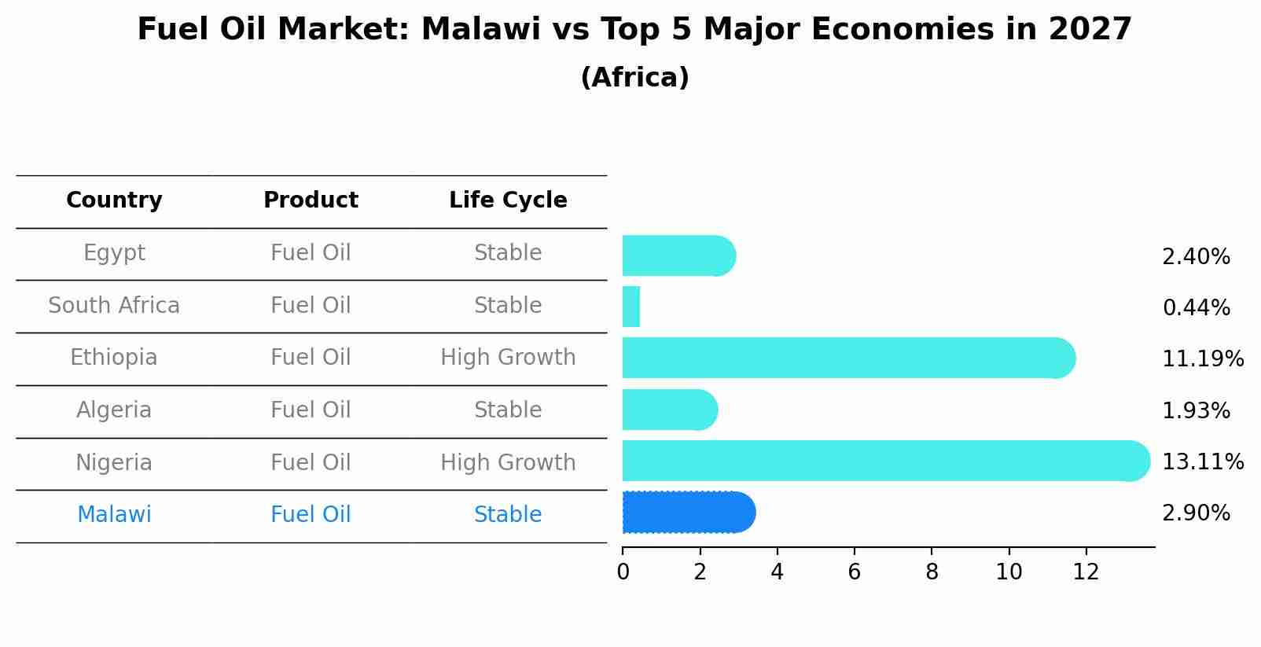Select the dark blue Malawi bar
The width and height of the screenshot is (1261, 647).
point(688,513)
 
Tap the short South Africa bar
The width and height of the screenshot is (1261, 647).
point(631,307)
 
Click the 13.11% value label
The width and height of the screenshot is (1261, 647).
point(1202,461)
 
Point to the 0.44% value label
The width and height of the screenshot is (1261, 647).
point(1196,308)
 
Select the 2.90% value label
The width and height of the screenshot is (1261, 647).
point(1196,513)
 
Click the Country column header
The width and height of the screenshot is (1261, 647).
point(114,200)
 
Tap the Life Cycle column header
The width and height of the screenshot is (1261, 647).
point(508,200)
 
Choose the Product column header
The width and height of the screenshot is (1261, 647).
point(311,200)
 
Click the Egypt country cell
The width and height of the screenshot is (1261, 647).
point(114,253)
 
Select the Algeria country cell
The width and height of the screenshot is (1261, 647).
point(114,410)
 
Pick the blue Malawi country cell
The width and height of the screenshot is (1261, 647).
point(114,515)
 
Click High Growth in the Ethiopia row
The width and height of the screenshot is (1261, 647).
point(508,358)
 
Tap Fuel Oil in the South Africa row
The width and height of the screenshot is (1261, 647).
point(311,306)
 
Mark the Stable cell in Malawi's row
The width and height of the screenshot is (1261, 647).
point(508,515)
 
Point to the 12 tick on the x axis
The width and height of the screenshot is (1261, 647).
point(1086,572)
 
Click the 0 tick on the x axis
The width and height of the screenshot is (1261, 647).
point(623,572)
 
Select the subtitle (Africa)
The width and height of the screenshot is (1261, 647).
point(634,78)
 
